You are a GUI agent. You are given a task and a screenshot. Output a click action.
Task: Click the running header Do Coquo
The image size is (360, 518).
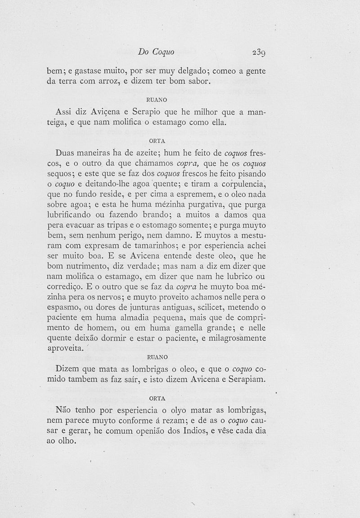coord(156,52)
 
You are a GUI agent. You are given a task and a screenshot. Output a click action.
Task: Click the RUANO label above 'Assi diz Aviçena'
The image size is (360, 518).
coord(157,100)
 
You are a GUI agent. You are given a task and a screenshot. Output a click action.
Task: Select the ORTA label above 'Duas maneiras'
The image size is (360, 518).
coord(157,141)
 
